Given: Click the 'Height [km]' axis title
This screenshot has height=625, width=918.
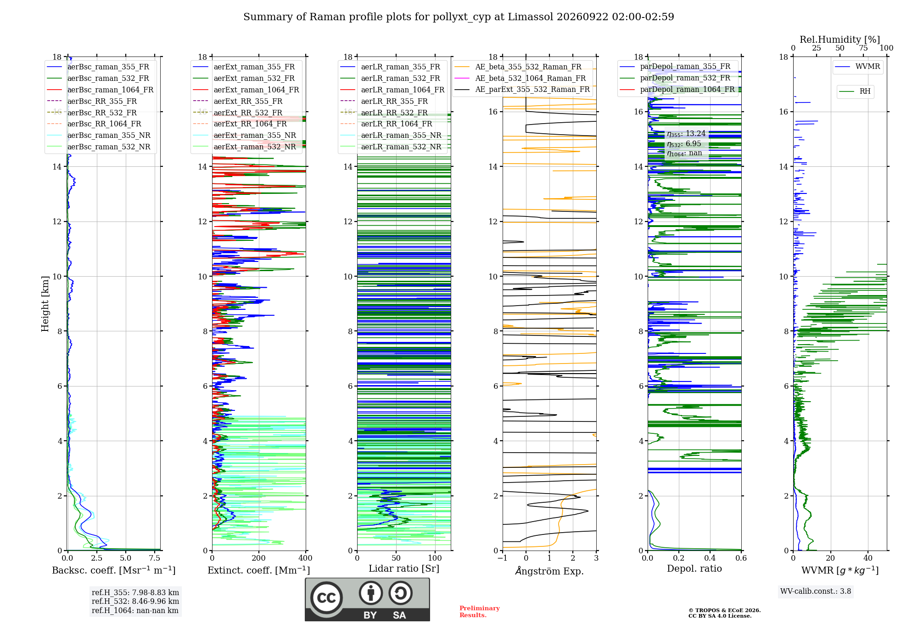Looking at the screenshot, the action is [45, 304].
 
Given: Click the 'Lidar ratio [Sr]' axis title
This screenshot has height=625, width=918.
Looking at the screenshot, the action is [404, 568].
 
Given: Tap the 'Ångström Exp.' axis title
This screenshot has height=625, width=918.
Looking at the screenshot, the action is [549, 571].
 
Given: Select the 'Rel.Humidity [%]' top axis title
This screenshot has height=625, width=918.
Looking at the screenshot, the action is [840, 40].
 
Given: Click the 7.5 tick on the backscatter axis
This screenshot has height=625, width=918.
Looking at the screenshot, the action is [155, 558].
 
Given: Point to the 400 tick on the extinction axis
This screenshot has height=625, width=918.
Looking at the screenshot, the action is [305, 558].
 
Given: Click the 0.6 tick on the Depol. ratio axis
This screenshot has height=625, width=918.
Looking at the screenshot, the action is [741, 558].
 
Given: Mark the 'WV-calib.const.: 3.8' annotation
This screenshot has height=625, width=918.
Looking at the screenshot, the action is [816, 591].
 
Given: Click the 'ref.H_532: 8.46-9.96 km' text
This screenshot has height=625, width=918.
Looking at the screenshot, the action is [135, 601].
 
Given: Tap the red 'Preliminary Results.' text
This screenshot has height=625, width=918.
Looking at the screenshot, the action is [480, 612].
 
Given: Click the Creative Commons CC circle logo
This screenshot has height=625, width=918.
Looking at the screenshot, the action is [326, 597].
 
